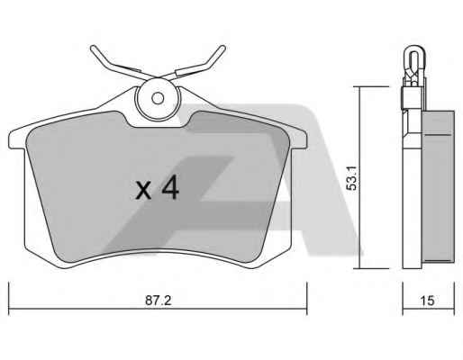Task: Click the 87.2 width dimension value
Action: click(x=159, y=301)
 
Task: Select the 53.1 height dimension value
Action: click(x=351, y=178)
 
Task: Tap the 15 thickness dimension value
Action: click(x=427, y=301)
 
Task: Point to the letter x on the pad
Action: click(x=143, y=190)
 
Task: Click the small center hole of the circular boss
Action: click(x=158, y=98)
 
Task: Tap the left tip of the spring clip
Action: click(x=93, y=48)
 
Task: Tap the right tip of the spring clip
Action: click(x=222, y=48)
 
